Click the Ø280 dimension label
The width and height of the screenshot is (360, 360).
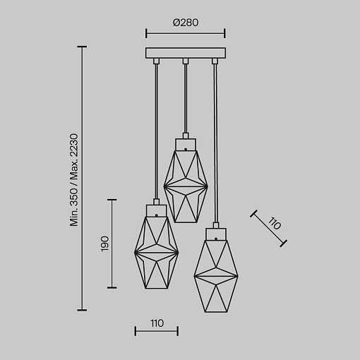tap(186, 23)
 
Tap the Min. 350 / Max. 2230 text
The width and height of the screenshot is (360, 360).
tap(74, 180)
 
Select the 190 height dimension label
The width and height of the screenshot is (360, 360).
tap(104, 244)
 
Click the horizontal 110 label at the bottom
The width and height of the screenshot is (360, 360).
tap(157, 323)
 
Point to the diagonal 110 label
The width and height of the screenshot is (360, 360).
tap(275, 224)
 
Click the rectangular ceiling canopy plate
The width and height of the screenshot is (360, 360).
tap(186, 53)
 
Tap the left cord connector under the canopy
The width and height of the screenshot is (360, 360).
tap(156, 61)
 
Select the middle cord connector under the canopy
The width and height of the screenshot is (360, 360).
tap(186, 61)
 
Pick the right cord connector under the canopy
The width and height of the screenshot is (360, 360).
tap(215, 61)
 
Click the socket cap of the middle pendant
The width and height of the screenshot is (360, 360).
tap(186, 145)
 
